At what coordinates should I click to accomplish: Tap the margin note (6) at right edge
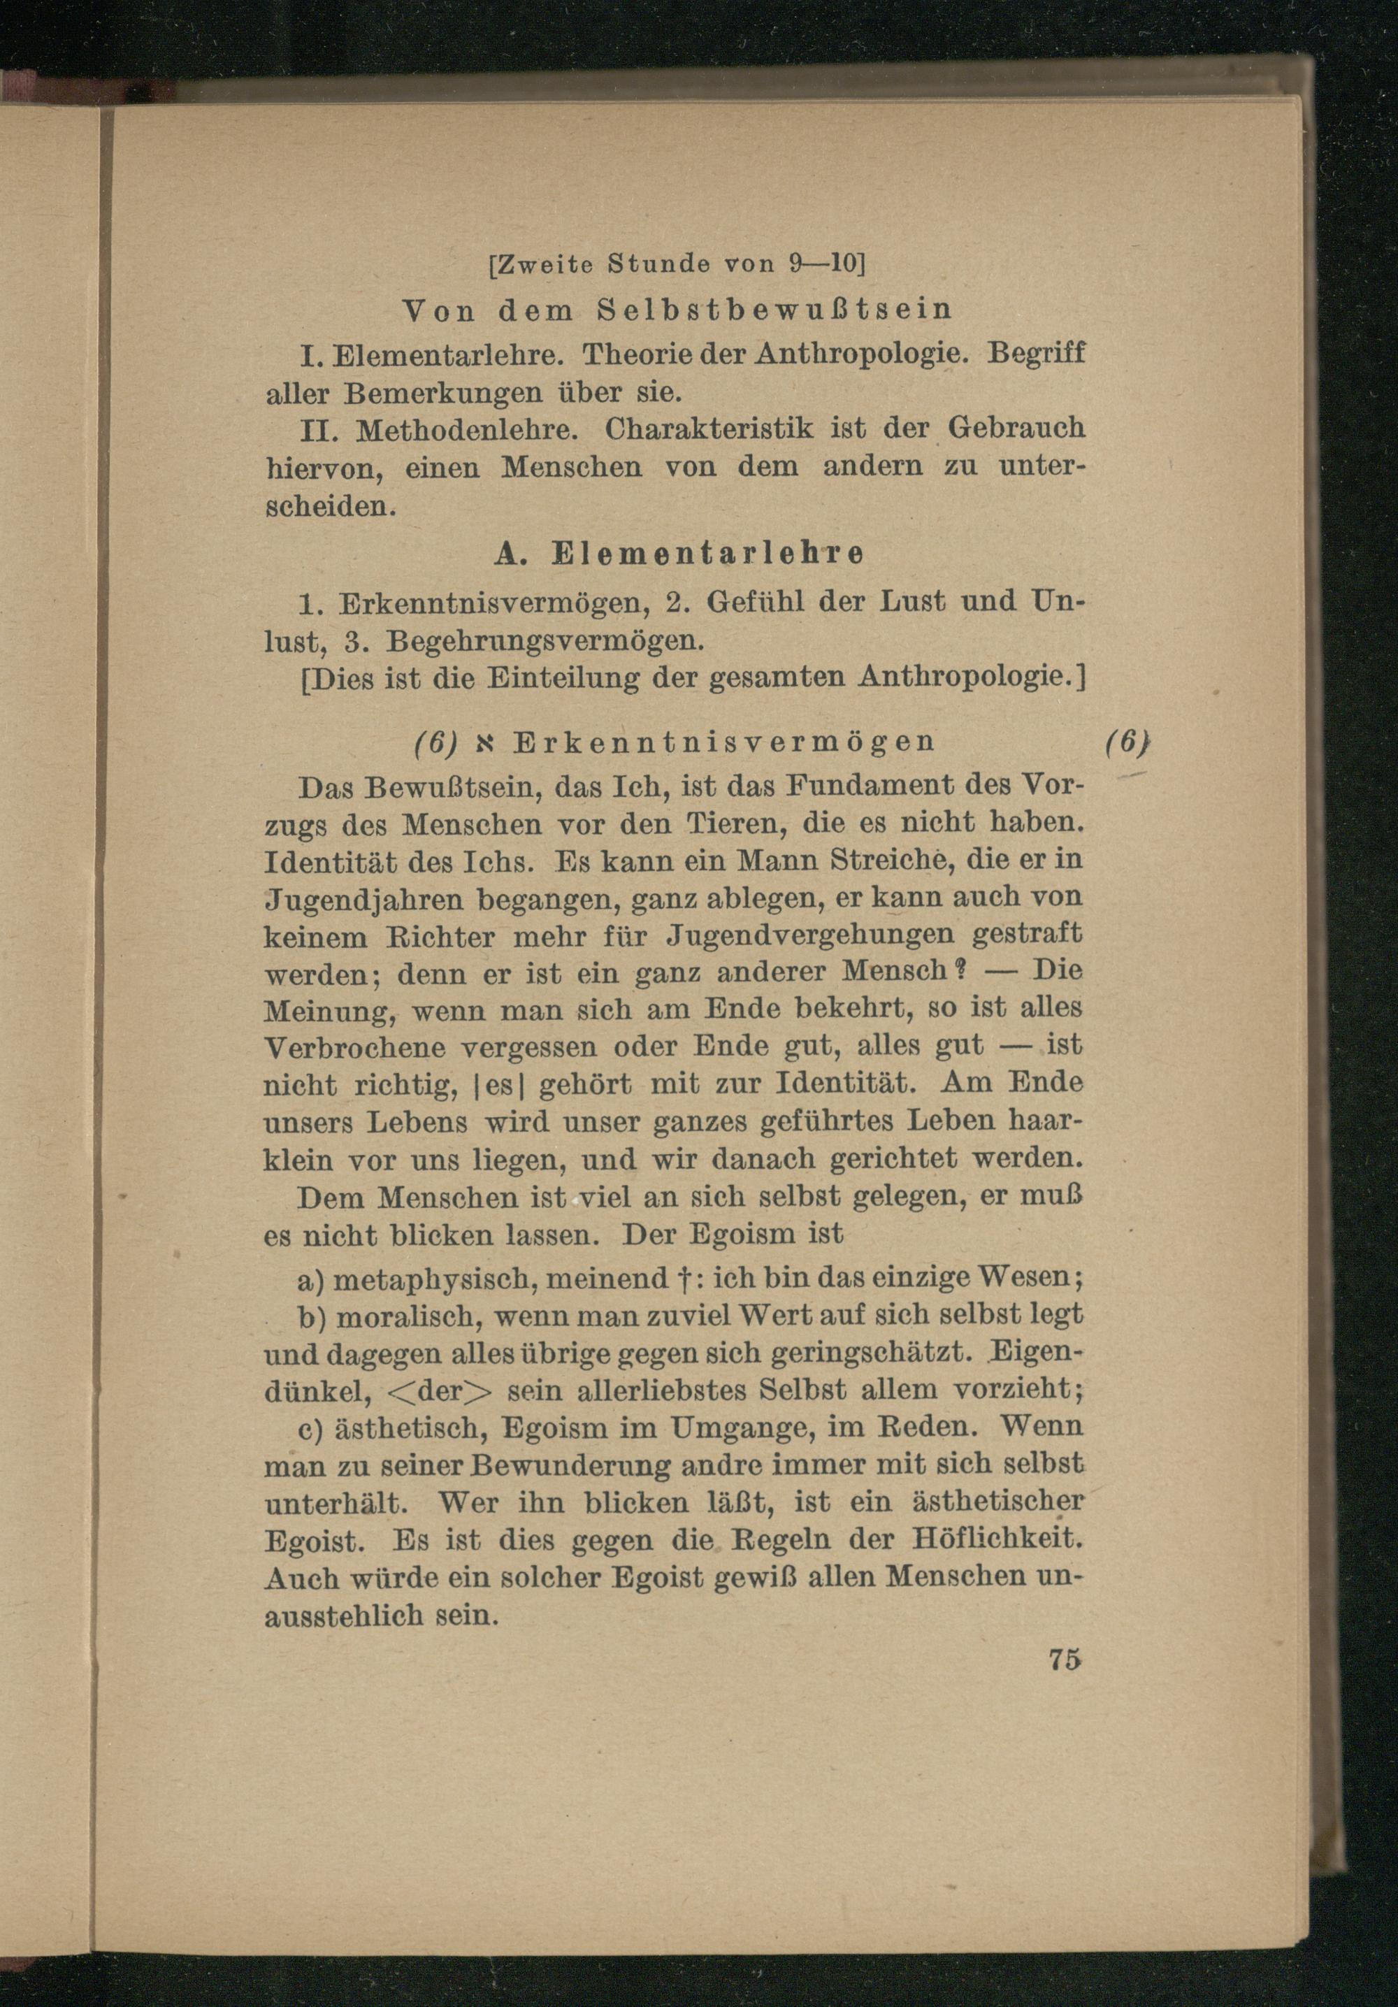(1125, 742)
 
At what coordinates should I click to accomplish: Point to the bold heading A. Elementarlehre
(679, 554)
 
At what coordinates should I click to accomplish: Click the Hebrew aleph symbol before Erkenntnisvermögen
(486, 743)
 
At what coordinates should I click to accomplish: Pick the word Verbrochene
(356, 1048)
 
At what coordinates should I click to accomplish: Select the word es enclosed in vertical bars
(498, 1086)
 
